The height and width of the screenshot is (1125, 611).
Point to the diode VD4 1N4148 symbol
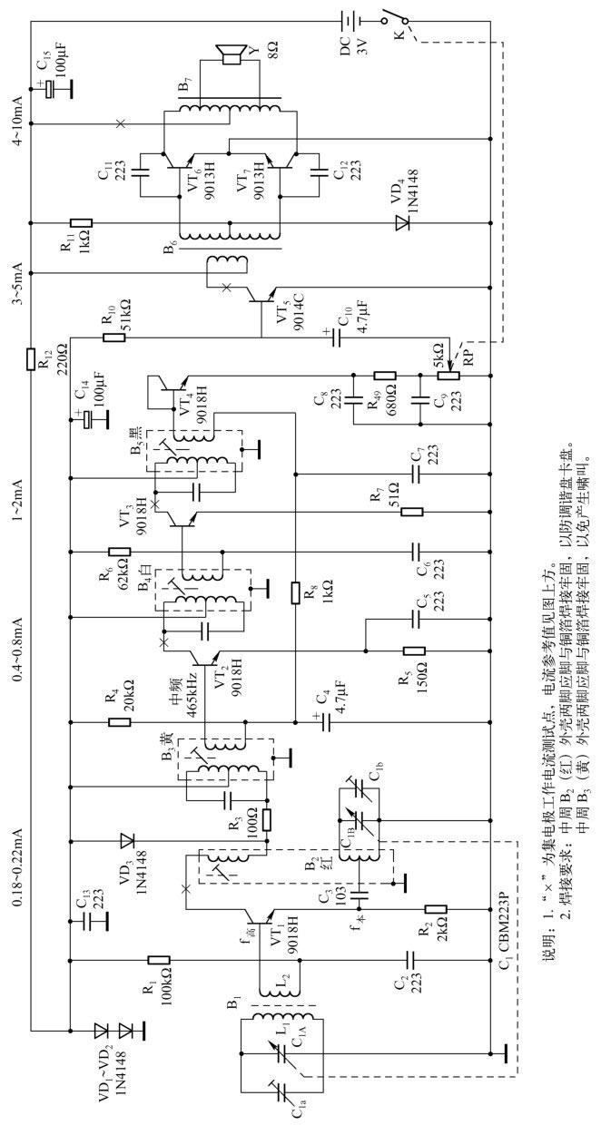(x=403, y=220)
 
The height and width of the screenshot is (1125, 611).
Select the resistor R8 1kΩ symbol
(x=295, y=593)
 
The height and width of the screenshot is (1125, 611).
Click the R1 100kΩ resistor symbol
(x=158, y=959)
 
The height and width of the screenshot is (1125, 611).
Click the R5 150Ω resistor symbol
(x=414, y=650)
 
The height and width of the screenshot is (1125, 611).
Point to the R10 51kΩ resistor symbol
(x=114, y=337)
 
